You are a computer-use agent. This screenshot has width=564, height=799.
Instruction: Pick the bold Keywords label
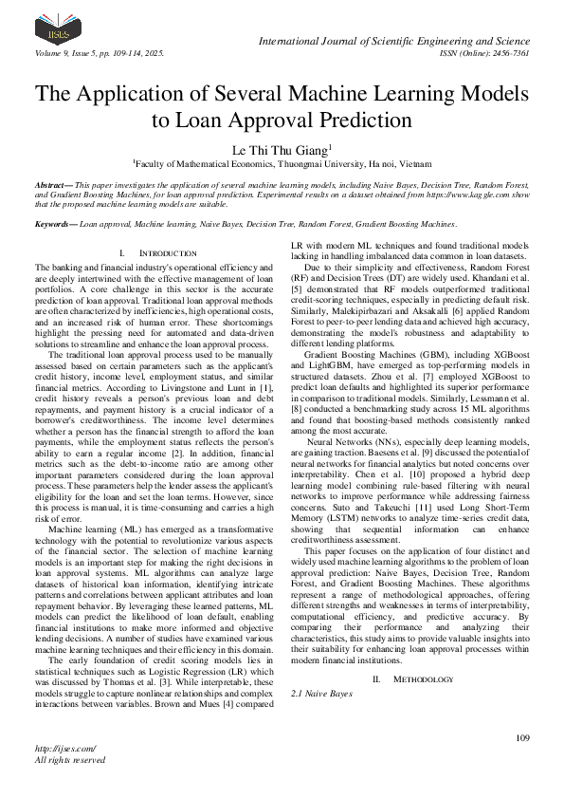coord(55,224)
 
